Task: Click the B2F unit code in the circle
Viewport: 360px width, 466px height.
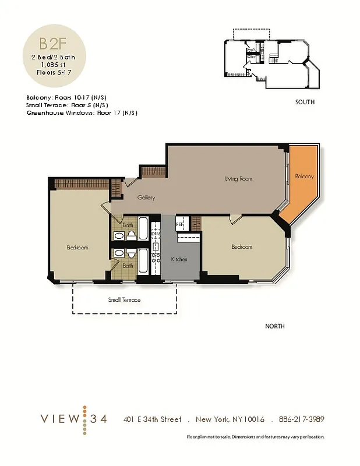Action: pos(52,44)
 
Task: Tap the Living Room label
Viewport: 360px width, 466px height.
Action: pos(238,179)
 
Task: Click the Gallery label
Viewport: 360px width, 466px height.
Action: pos(146,198)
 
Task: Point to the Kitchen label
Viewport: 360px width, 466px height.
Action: pos(179,259)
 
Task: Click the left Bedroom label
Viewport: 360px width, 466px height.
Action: pos(77,248)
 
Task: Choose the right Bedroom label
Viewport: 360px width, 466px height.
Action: pos(242,247)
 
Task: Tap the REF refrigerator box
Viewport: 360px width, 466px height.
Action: pos(181,223)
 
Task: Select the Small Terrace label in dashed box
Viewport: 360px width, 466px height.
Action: pos(125,300)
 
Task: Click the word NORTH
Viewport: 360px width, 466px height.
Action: pos(275,327)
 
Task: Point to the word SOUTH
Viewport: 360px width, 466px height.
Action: pos(305,102)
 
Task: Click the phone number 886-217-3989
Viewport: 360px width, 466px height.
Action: pos(301,419)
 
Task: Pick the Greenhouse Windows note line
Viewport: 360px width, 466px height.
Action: pos(82,112)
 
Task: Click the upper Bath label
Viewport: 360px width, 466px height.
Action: pos(128,225)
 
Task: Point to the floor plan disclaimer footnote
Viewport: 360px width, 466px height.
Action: pos(255,437)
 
